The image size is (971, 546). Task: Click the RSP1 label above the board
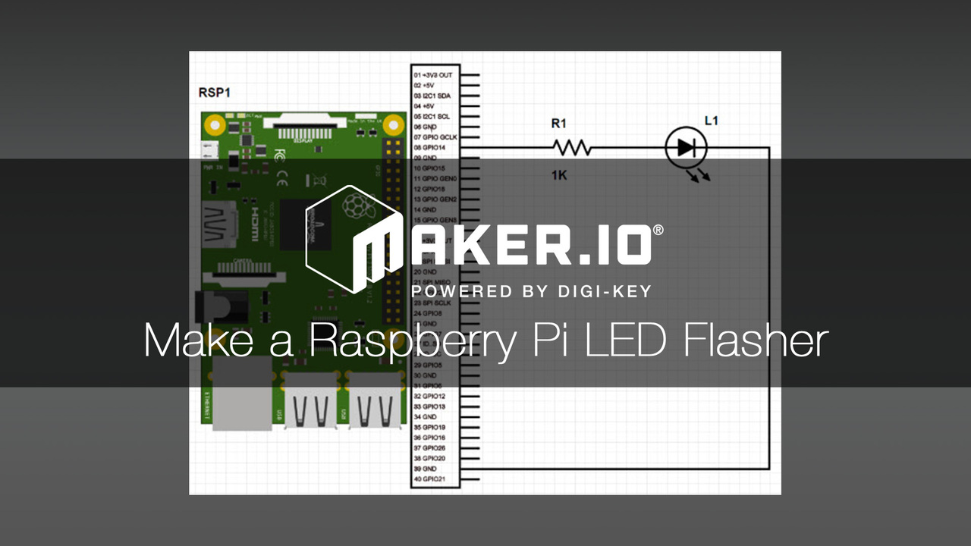214,93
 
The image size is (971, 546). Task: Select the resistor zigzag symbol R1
571,147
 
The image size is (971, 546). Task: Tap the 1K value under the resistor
559,175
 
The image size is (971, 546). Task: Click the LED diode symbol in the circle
686,148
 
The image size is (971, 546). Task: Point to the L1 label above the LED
712,121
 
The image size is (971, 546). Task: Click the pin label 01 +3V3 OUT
433,76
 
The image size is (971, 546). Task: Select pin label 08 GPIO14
429,147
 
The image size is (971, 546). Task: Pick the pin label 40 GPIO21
429,479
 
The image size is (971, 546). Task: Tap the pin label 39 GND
425,469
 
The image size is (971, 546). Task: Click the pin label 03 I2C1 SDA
432,96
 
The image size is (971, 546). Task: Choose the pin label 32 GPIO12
429,397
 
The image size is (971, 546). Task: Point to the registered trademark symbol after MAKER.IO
658,230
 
